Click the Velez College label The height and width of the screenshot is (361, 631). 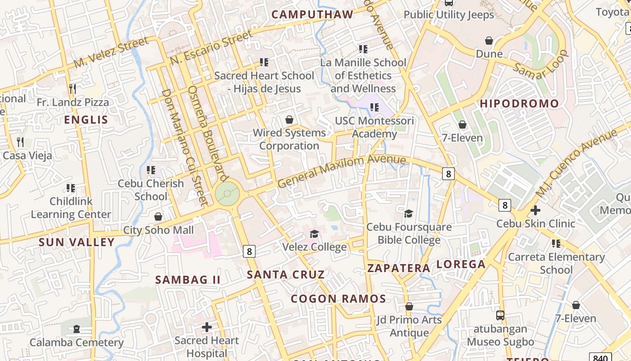tap(314, 247)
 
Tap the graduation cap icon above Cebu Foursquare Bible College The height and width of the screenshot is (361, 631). tap(408, 213)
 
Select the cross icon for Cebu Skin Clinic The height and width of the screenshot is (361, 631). tap(535, 210)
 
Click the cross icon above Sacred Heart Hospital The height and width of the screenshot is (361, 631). tap(206, 327)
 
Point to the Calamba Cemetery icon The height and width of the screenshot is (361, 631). tap(76, 329)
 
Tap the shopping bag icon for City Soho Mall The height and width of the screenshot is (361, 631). tap(158, 217)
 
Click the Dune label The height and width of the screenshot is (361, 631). tap(489, 54)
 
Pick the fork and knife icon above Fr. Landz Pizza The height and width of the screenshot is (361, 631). tap(73, 88)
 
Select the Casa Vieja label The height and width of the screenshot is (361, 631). tap(27, 156)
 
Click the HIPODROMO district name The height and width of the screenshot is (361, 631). tap(519, 104)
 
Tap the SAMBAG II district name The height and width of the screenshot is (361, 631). tap(188, 280)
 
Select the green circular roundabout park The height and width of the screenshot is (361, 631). tap(227, 194)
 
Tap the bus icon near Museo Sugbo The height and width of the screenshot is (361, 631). tap(500, 315)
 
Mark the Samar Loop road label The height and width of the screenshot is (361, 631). tap(540, 65)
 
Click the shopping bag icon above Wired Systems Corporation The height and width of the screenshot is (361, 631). tap(289, 120)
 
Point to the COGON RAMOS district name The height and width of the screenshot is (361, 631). tap(338, 299)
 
